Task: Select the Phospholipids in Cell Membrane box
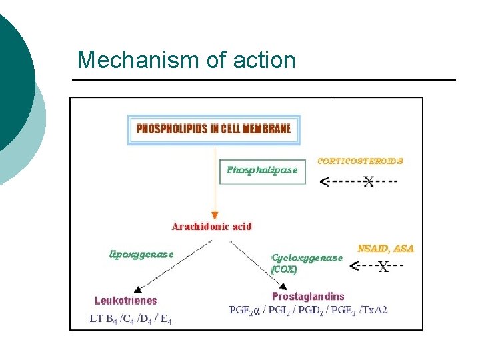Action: pos(214,129)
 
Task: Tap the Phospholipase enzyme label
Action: pos(261,170)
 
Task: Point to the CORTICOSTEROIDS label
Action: pos(360,161)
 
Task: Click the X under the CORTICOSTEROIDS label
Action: pos(368,181)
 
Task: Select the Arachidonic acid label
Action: pos(212,227)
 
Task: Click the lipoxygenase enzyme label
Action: pos(141,253)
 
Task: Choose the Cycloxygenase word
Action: pos(307,257)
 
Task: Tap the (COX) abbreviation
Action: pos(285,270)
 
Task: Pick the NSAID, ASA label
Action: pos(385,248)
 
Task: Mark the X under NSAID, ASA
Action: pos(383,267)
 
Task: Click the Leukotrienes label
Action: pos(126,301)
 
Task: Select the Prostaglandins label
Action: pos(308,296)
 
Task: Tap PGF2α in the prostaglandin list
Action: pos(243,310)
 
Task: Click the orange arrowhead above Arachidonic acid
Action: pos(215,215)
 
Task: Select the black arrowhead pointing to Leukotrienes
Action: pos(137,287)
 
